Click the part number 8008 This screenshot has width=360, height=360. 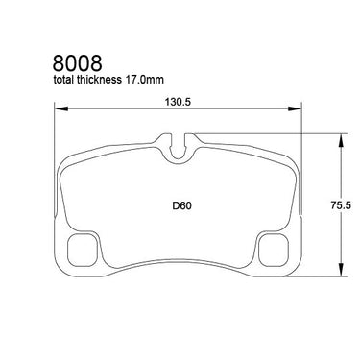point(78,62)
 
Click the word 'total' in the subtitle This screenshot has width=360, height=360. point(63,79)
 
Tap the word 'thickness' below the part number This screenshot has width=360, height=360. point(97,79)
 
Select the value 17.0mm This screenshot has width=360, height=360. point(143,80)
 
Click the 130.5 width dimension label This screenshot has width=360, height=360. point(178,102)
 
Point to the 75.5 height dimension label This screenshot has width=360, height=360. point(341,205)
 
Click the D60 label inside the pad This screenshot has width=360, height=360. point(181,205)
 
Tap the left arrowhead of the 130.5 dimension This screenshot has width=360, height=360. point(61,108)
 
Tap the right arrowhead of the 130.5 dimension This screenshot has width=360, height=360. point(295,108)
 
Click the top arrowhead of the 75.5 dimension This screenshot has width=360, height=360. point(342,140)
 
